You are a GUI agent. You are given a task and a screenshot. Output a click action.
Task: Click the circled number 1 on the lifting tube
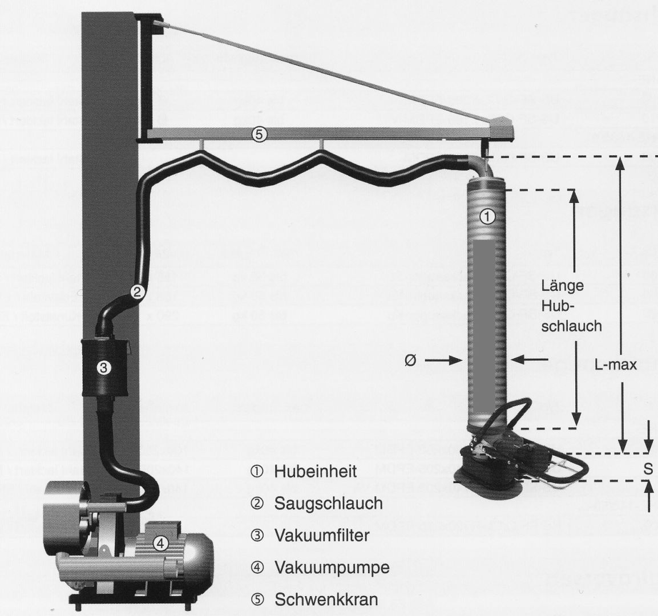tap(487, 216)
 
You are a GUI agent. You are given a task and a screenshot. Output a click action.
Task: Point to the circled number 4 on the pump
tap(162, 544)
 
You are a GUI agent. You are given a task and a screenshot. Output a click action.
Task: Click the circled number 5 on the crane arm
tap(259, 135)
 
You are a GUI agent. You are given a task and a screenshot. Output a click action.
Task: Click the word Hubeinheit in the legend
tap(315, 472)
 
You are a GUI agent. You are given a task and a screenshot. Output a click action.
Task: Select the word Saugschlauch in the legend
tap(328, 504)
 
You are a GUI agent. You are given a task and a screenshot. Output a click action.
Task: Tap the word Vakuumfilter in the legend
tap(322, 536)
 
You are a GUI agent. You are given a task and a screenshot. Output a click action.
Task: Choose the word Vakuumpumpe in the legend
tap(332, 568)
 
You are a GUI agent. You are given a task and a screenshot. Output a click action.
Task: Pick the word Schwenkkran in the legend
tap(326, 600)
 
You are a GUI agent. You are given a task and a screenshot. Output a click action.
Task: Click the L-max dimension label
tap(615, 365)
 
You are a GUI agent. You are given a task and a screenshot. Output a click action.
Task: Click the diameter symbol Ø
tap(410, 361)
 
